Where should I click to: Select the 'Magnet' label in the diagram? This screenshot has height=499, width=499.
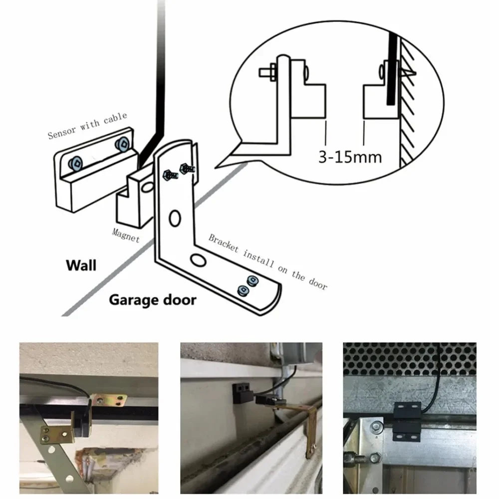point(126,235)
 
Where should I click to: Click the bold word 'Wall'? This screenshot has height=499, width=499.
point(81,264)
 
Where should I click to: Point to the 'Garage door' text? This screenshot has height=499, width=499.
point(152,300)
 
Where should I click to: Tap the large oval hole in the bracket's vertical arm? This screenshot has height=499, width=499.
point(174,218)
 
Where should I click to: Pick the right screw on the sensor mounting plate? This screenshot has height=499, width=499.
point(121,145)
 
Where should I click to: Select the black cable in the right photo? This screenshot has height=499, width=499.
point(436,379)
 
